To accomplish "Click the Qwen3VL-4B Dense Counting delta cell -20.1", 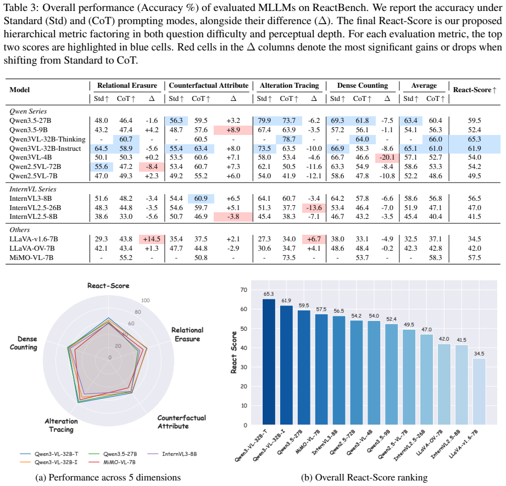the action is pos(387,157).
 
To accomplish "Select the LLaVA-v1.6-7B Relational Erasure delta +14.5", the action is pos(152,239).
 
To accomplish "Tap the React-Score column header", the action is pos(475,90).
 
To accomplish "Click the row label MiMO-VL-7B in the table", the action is pos(31,258).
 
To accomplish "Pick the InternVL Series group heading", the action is pos(33,189).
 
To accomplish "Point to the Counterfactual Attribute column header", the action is pos(209,86).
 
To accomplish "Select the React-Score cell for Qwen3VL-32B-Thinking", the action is pos(474,139).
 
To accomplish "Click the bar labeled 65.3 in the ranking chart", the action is pos(269,361).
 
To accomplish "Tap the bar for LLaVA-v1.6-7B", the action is pos(479,392).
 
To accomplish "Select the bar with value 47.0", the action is pos(427,380).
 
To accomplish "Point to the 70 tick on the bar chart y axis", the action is pos(243,290).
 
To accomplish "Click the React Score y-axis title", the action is pos(233,352).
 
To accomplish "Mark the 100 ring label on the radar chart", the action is pos(146,301).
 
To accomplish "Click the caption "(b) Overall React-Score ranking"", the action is pos(364,478).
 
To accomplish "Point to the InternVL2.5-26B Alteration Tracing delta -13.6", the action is pos(314,208).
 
